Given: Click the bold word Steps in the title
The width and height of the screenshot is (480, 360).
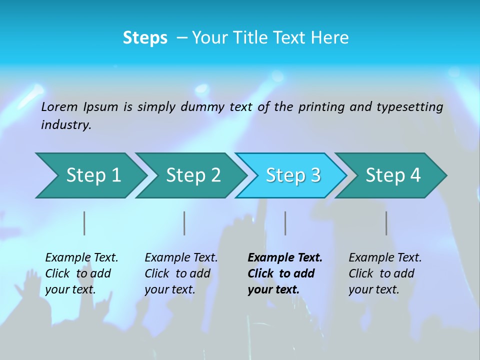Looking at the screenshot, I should point(145,38).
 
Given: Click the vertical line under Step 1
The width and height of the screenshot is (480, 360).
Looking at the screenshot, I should point(84,223).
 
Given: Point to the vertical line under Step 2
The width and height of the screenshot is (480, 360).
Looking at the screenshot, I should point(184,223).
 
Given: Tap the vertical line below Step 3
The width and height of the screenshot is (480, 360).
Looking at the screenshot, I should point(285,223).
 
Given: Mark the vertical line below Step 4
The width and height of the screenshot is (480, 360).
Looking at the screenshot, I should point(386,223).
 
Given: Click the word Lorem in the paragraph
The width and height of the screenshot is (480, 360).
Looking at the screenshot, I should point(59,107).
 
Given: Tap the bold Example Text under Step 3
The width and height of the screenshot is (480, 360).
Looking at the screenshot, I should point(285,258).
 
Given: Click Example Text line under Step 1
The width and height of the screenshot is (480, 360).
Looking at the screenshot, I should point(81,258).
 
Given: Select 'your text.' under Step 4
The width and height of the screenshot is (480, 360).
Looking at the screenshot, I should point(373,289).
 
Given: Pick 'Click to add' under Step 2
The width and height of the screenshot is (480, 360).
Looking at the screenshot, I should point(177,273).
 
